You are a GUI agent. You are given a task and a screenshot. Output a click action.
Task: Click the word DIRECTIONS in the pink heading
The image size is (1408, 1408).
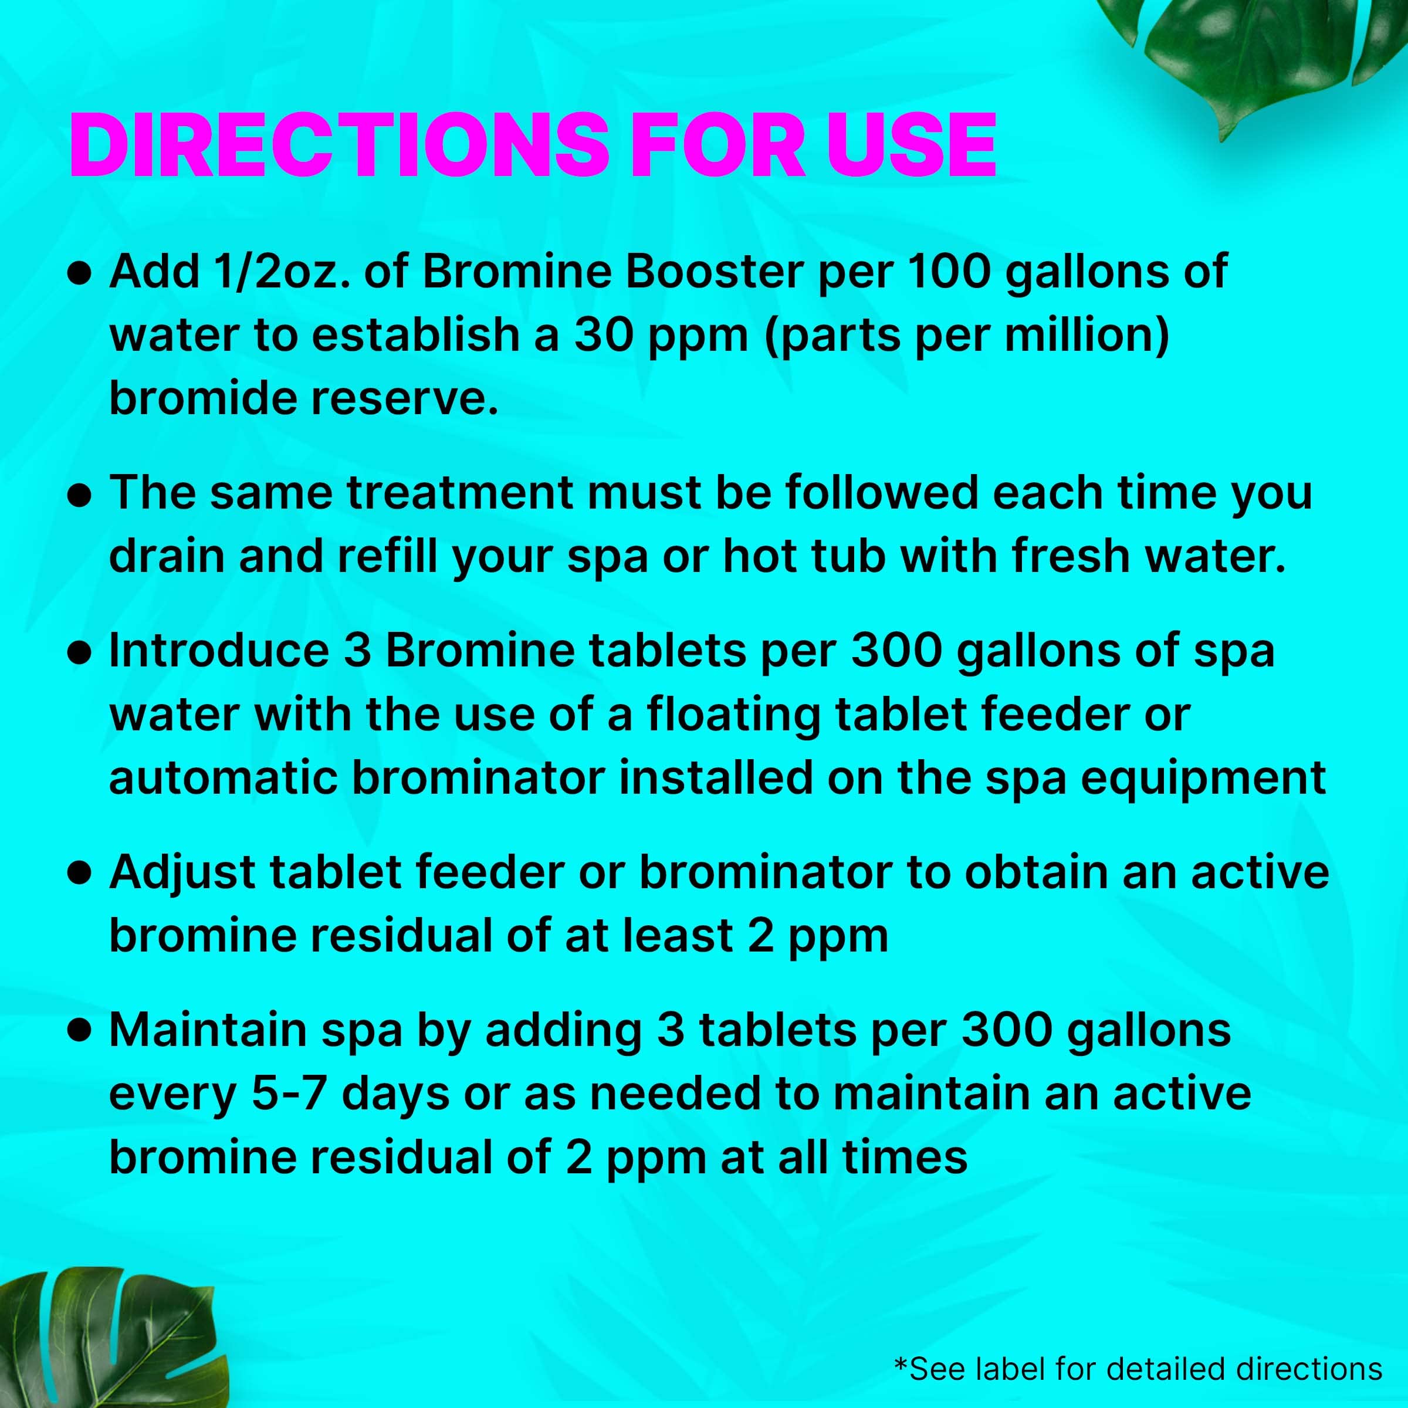(339, 145)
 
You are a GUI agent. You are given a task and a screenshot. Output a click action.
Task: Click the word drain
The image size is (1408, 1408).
(166, 557)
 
